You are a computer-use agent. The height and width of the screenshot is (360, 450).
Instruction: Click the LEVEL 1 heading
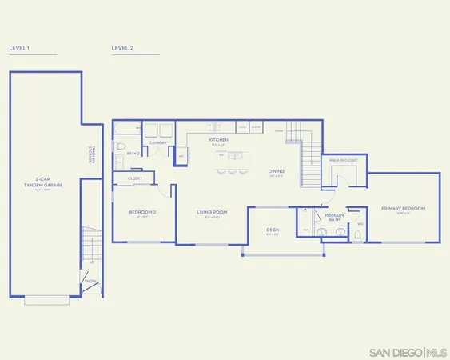point(19,48)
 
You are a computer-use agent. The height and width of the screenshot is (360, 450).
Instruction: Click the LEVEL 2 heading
point(122,48)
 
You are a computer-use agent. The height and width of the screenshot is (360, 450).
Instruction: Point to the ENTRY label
point(90,280)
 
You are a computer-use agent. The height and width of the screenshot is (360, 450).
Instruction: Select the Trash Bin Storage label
point(91,154)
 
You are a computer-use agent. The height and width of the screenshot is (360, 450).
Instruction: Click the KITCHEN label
point(219,139)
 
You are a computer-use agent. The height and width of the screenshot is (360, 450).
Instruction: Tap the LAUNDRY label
point(158,142)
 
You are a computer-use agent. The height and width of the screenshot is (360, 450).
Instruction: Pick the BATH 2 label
point(133,153)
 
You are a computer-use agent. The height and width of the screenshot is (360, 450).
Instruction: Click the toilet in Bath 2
point(118,149)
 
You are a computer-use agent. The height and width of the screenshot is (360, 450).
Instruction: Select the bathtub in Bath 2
point(126,130)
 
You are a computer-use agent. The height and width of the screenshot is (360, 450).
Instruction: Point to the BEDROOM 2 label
point(142,212)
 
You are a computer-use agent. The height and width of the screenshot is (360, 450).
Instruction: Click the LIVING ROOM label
point(213,212)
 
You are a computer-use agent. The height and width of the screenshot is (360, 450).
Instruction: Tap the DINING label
point(277,170)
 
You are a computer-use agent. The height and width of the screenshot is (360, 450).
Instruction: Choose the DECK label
point(273,230)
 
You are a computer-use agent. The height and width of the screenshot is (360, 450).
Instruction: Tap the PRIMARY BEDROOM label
point(403,208)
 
